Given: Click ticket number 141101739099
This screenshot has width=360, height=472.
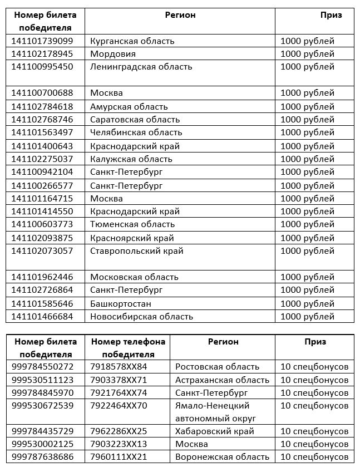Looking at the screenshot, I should tap(42, 41).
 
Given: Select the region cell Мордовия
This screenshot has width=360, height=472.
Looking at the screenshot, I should tap(113, 54).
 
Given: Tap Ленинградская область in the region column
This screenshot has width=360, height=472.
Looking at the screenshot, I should tap(141, 67).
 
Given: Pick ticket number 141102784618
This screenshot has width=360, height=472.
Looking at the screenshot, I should tap(42, 106).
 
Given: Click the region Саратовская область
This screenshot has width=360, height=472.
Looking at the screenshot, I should tap(135, 120).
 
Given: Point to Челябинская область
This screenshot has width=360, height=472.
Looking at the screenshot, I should tap(136, 132).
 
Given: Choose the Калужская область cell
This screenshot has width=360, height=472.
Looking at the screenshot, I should tap(131, 159).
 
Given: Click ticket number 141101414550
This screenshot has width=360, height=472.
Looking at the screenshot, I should tap(42, 212).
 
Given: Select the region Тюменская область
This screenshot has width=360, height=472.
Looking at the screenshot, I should tap(132, 224).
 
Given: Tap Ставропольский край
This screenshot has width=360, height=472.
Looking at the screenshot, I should tap(137, 251).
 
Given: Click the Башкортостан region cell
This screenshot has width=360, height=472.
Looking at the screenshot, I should tap(121, 304).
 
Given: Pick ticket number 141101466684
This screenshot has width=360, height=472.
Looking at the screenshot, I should tap(42, 317).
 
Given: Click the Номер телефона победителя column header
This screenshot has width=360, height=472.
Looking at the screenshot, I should tap(128, 347).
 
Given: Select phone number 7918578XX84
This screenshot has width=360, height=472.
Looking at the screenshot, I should tap(119, 367).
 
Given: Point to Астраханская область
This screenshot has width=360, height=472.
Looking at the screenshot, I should tap(222, 380).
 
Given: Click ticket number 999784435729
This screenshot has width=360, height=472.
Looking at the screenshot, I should tap(42, 431).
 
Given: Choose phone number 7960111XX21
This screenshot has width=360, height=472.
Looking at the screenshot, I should tap(119, 457).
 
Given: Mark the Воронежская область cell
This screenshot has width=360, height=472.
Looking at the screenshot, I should tap(222, 457).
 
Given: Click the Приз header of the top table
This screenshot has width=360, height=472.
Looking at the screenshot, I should tap(331, 15).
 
